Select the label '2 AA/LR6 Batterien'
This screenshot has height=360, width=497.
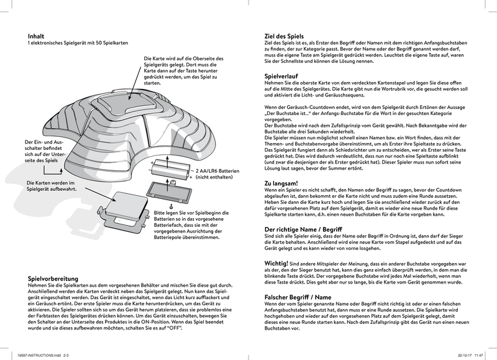tap(225, 170)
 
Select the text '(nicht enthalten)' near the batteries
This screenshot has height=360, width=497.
tap(216, 177)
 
